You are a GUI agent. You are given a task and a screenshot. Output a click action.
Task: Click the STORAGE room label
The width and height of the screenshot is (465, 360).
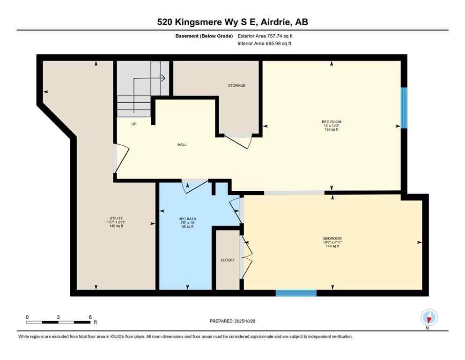(x=236, y=86)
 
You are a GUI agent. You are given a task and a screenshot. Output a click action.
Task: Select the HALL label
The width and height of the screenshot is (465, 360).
(x=182, y=145)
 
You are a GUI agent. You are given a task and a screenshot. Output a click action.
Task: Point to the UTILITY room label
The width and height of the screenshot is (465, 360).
(x=116, y=218)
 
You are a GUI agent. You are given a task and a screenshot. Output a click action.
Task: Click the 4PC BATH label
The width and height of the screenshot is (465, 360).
(x=186, y=218)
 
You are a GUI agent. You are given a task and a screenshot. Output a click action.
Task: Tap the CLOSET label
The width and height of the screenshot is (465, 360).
(x=228, y=260)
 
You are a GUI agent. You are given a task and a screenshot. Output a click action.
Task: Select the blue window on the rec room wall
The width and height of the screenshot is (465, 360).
(x=404, y=108)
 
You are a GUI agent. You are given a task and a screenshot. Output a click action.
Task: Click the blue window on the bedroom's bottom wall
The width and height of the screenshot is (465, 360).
(x=296, y=293)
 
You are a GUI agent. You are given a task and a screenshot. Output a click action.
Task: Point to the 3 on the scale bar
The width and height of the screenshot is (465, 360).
(x=58, y=317)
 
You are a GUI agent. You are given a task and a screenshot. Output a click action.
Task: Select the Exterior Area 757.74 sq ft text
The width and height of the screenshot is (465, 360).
(x=266, y=35)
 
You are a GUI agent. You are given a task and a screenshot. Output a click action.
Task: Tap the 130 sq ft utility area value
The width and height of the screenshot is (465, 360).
(x=116, y=226)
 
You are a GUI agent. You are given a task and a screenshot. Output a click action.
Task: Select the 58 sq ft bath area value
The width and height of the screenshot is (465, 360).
(x=186, y=226)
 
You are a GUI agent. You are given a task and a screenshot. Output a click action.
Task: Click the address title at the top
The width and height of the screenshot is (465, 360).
(x=232, y=22)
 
